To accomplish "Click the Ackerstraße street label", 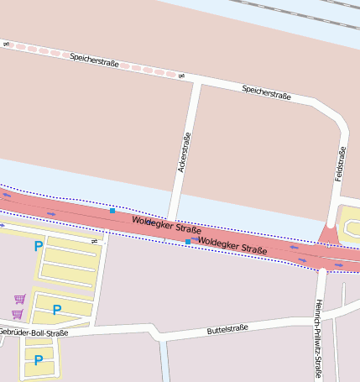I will click(185, 153).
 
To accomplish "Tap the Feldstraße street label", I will click(340, 165).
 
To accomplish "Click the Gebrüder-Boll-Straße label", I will click(34, 332).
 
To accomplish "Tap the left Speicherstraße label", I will click(94, 60).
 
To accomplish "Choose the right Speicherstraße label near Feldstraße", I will click(266, 92).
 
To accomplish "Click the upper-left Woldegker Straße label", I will click(166, 224).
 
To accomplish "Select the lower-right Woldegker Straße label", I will click(232, 244).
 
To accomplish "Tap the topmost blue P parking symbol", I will click(38, 246).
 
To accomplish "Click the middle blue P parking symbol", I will click(56, 310).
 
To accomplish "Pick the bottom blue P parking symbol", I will click(38, 359).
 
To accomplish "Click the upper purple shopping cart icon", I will click(19, 298).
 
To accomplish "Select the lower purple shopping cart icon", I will click(16, 314).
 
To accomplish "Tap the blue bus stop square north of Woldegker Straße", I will click(112, 210).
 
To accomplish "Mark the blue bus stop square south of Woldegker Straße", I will click(187, 242).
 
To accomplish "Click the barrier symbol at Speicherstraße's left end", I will click(6, 43).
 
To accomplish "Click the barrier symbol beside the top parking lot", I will click(95, 241).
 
